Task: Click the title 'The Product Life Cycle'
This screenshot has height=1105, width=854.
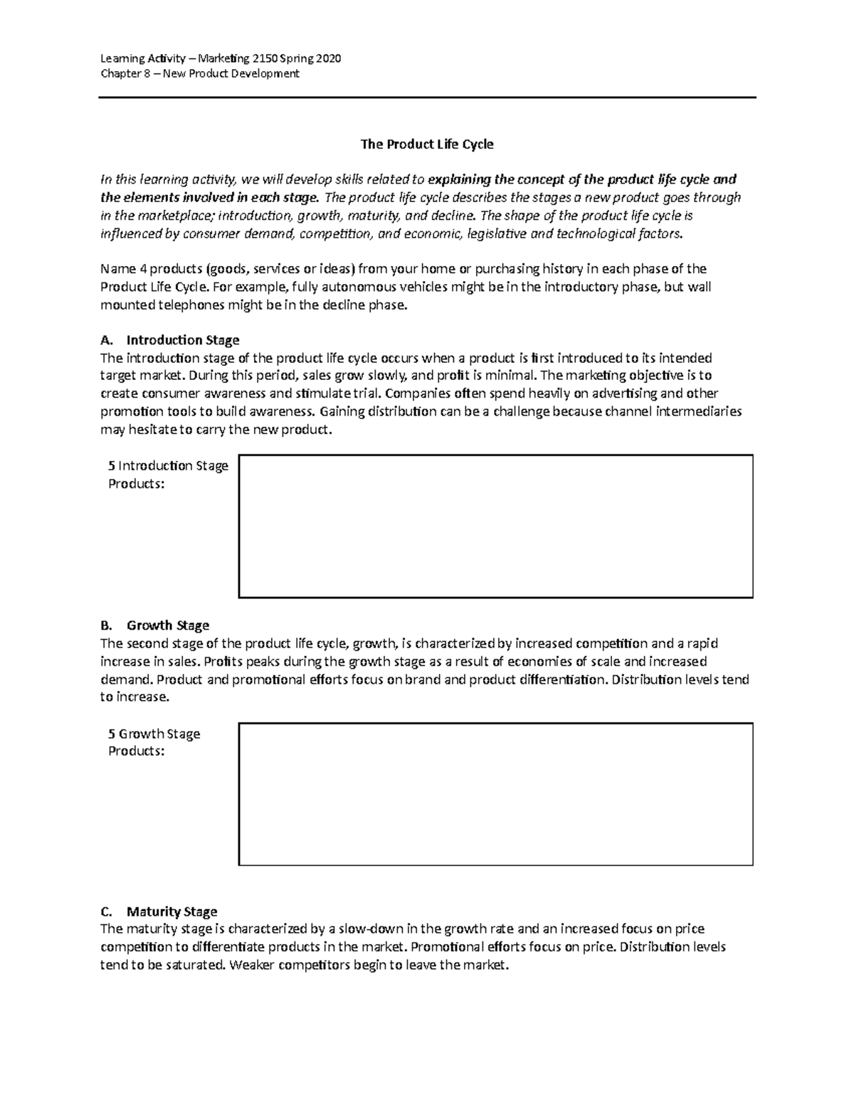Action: [426, 144]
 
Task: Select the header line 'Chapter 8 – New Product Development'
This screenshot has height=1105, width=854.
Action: [200, 74]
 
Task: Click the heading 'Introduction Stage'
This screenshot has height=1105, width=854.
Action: [182, 340]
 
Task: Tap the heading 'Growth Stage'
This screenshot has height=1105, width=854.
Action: [167, 625]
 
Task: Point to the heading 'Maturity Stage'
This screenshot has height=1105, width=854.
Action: [172, 911]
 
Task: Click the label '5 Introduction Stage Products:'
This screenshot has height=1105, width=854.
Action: [167, 475]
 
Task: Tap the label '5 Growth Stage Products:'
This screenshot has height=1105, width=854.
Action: [154, 742]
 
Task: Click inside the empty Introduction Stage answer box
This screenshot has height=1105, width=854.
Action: [495, 526]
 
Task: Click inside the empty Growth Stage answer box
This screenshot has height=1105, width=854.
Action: [495, 794]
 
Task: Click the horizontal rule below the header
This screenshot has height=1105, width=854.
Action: [426, 98]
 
